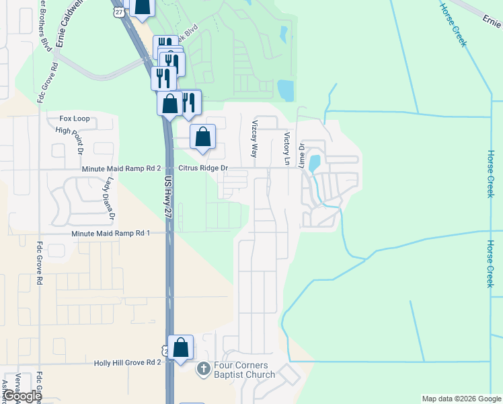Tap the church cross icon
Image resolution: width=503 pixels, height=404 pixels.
(203, 369)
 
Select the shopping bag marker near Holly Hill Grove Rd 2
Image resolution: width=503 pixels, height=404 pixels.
(180, 348)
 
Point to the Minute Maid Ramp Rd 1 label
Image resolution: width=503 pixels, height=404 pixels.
(111, 233)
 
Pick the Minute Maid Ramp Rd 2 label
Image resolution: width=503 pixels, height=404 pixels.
(121, 168)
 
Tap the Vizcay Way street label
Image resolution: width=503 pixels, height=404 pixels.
(255, 139)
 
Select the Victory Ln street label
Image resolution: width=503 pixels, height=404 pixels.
(287, 149)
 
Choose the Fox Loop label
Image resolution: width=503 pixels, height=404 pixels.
(74, 119)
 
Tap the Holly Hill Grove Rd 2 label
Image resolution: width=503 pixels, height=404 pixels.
(128, 362)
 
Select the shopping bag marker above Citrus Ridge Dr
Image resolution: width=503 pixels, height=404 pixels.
(202, 137)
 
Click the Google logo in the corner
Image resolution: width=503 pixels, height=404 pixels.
(22, 397)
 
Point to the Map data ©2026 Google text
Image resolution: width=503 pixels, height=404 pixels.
(461, 399)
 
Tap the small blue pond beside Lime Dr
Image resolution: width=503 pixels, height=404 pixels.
(314, 164)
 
